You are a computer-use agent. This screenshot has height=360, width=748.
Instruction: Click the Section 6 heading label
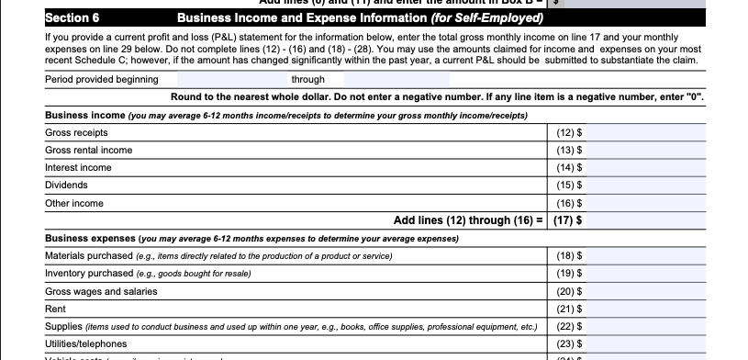point(73,17)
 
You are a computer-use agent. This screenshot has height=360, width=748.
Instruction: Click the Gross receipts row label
point(76,133)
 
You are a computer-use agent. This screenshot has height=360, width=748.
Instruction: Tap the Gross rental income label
point(88,151)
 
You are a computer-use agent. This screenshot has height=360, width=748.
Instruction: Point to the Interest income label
point(78,168)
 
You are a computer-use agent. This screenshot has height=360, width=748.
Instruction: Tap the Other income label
point(74,203)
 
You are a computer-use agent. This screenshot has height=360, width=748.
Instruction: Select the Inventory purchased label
point(88,273)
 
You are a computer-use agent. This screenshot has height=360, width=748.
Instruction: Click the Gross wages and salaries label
point(101,291)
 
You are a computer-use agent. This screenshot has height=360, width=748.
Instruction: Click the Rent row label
point(55,309)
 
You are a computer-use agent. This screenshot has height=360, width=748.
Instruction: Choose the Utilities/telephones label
point(86,343)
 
